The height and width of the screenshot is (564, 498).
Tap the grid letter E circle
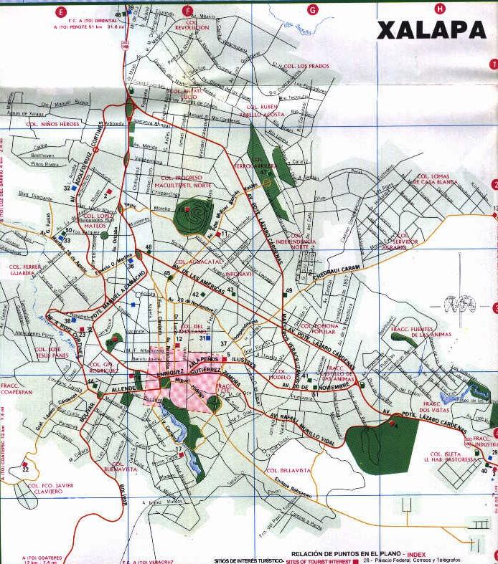tap(61, 11)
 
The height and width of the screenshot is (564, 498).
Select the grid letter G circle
tap(313, 9)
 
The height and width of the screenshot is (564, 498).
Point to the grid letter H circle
tap(440, 9)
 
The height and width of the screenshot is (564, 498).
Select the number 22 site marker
tap(25, 469)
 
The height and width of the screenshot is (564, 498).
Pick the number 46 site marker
tap(119, 14)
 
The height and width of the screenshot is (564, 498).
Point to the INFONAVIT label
tap(238, 274)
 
